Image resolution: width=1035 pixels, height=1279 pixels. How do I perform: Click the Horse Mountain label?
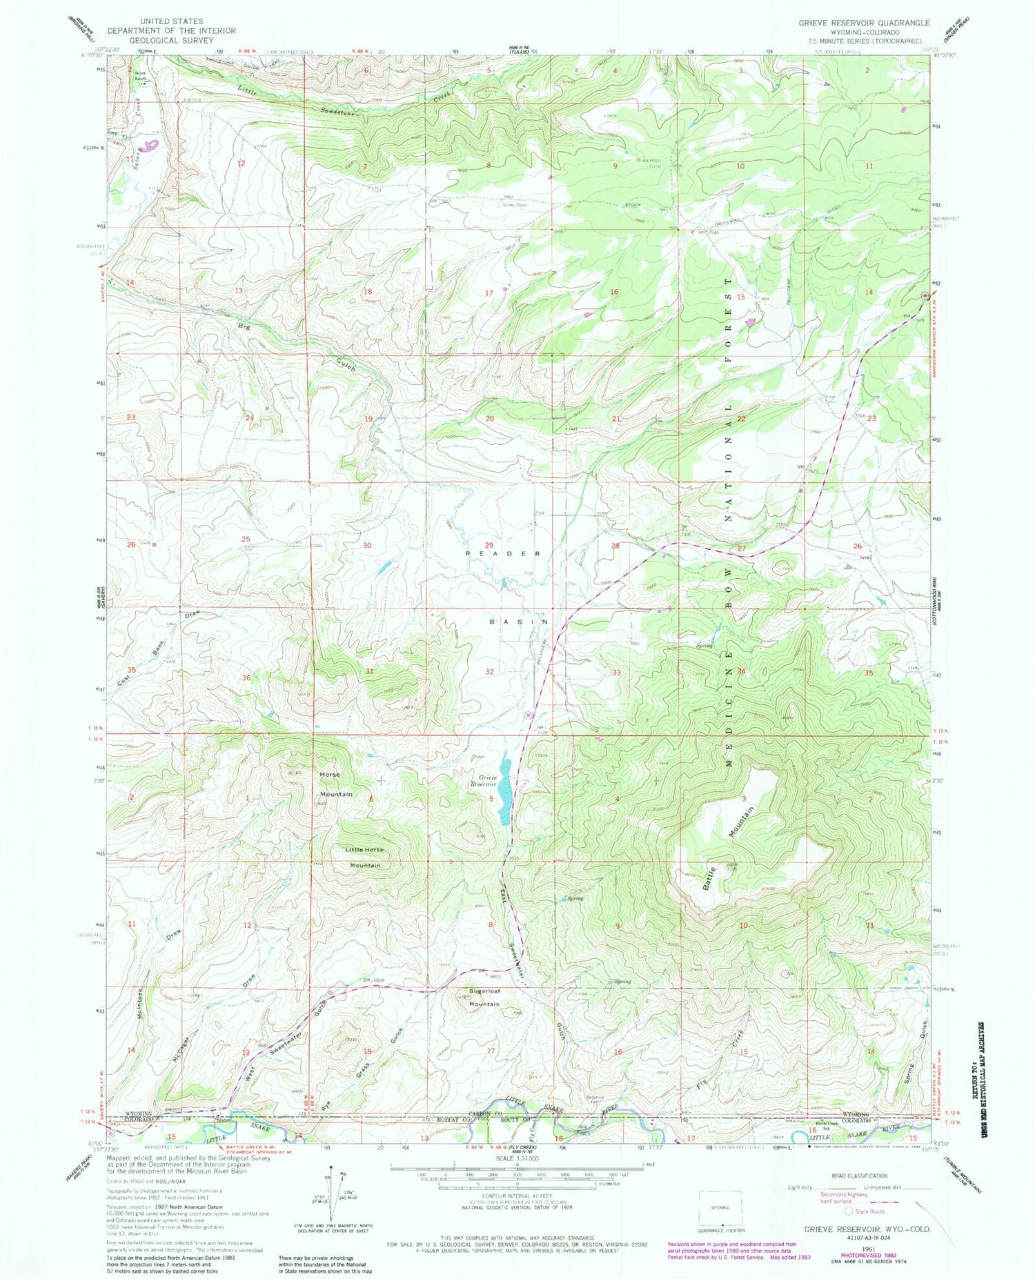pos(335,784)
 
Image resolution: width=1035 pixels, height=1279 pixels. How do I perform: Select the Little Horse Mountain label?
pos(364,857)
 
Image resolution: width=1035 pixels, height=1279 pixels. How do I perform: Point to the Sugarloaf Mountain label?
pos(484,998)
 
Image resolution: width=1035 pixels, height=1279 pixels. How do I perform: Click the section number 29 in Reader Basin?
pos(489,546)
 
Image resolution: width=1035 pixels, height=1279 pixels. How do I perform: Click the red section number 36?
pos(246,677)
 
